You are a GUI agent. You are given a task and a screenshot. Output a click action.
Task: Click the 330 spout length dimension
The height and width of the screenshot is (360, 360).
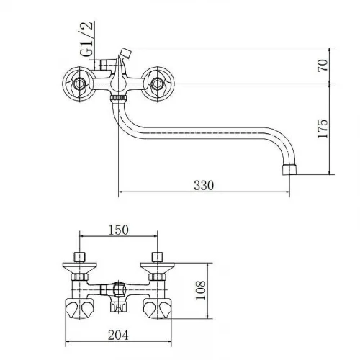tap(204, 185)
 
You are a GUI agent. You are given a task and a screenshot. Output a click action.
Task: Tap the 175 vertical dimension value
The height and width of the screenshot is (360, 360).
tap(323, 128)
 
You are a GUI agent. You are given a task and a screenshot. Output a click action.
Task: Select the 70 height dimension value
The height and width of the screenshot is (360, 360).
tap(323, 66)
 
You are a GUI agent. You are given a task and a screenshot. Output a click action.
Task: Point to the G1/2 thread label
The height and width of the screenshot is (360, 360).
tap(86, 39)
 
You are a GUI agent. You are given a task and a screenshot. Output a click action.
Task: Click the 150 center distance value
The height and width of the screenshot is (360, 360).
tap(119, 230)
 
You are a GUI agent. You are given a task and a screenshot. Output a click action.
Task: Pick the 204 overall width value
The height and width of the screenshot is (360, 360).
tap(118, 335)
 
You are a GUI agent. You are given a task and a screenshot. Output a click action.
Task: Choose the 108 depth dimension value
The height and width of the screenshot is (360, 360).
tap(201, 290)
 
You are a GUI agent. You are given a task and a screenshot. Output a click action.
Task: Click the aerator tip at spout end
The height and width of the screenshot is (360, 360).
tap(289, 169)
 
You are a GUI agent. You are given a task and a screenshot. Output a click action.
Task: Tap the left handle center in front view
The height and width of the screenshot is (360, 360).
tap(78, 84)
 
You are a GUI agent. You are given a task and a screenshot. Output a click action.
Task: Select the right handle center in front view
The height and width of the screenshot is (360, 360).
tap(157, 84)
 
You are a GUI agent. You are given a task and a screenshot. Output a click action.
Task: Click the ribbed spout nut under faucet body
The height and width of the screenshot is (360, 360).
tap(118, 98)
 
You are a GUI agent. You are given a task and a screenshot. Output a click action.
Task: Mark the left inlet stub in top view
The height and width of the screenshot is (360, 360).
tap(79, 257)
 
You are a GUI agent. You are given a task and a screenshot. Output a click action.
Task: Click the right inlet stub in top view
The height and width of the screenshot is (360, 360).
tap(157, 257)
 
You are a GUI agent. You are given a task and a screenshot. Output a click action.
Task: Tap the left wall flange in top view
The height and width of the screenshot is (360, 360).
tap(80, 268)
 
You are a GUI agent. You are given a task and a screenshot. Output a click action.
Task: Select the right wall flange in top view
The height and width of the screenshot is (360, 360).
tap(158, 268)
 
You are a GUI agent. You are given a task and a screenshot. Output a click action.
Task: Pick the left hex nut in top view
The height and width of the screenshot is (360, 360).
tap(80, 277)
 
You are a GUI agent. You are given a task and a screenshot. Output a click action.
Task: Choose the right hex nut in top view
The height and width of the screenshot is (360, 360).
tap(158, 277)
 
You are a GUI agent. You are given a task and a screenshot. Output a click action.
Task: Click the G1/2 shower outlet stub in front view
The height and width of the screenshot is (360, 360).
tap(104, 65)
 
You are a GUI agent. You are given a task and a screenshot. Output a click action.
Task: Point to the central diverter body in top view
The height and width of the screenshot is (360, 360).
tap(118, 290)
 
